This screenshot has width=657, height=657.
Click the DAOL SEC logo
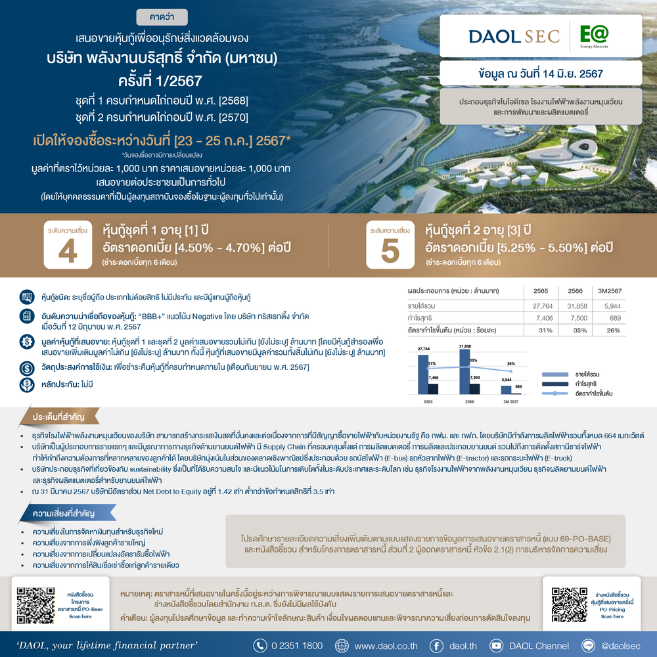(x=514, y=35)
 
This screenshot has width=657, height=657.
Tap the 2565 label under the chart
(x=428, y=400)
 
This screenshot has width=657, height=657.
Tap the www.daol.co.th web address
(x=386, y=645)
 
